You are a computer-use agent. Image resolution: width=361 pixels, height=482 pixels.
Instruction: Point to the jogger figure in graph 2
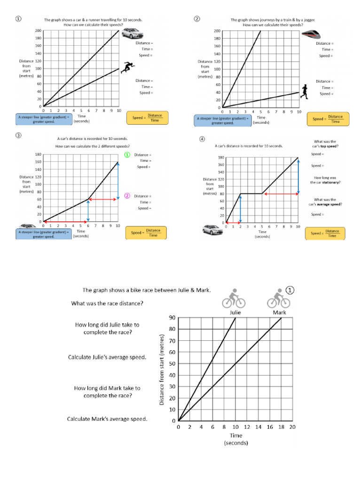coord(305,91)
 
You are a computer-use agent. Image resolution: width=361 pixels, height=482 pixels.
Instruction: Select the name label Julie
coord(235,312)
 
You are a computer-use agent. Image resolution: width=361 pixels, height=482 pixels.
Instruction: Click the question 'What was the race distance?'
coord(107,303)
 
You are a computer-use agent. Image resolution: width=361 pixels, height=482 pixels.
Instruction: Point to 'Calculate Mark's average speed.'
coord(107,418)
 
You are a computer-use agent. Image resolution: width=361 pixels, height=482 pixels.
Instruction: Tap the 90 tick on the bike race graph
coord(172,318)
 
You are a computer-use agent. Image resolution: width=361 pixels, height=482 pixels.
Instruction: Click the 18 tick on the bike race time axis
coord(281,427)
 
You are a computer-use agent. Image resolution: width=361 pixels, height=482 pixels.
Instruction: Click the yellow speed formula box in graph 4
coord(325,233)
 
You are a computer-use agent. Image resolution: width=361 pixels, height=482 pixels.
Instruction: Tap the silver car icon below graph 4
coord(210,230)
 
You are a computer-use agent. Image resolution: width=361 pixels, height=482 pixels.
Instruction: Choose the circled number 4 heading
coord(202,139)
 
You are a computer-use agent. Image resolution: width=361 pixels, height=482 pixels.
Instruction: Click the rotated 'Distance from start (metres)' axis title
coord(162,370)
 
